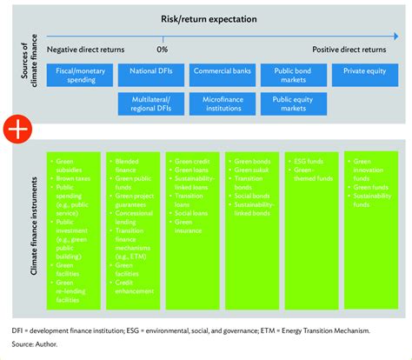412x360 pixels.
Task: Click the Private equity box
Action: click(x=363, y=71)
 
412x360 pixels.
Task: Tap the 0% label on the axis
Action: click(x=162, y=50)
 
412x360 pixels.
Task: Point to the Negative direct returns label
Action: click(x=85, y=50)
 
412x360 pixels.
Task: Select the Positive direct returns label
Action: click(x=349, y=50)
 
